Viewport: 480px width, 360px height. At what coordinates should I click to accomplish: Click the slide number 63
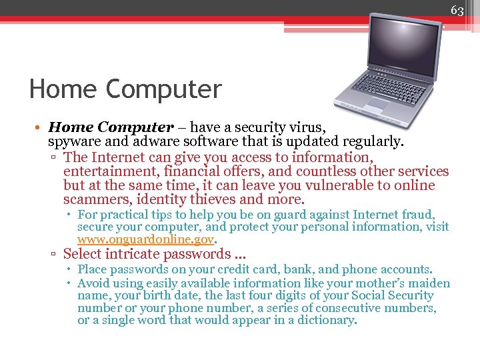[x=457, y=10]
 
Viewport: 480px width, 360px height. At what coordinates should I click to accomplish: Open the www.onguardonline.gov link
[x=146, y=239]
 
